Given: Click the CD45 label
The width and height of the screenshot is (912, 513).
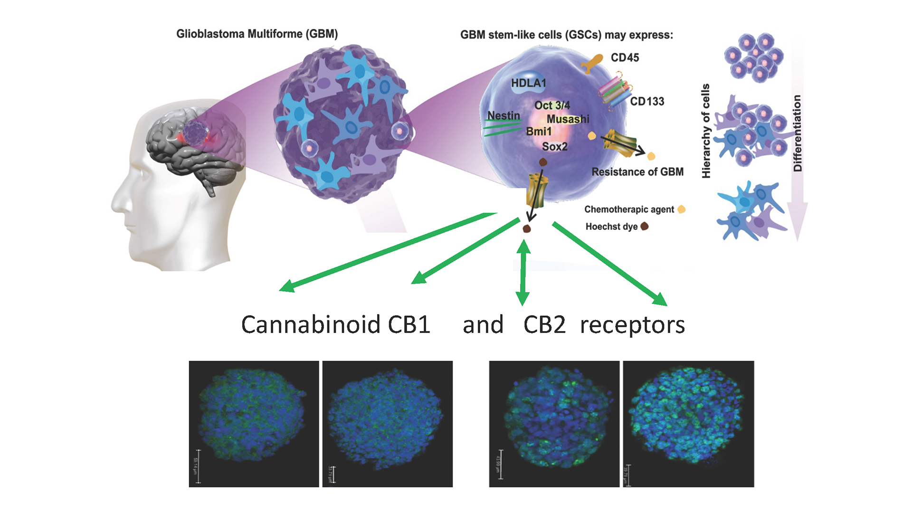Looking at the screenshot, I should (625, 57).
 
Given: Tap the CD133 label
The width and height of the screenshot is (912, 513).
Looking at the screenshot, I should (647, 101).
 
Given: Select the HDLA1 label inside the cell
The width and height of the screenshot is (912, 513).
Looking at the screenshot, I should (528, 83).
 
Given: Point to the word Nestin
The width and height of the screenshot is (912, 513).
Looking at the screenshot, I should (503, 115).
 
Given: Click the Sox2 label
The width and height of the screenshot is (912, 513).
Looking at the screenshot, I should (554, 146).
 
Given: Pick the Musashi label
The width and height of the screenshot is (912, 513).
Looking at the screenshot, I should (568, 119).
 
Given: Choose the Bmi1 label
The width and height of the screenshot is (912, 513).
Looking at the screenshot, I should (539, 131).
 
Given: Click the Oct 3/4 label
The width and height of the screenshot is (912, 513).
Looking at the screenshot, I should (552, 105).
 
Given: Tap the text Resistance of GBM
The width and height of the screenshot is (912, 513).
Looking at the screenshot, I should (637, 171).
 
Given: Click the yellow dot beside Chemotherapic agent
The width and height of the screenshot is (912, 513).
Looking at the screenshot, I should (682, 209).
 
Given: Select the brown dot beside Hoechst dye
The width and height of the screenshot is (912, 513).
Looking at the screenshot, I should (645, 226).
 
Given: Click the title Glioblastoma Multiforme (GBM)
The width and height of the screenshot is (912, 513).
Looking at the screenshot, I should (257, 34).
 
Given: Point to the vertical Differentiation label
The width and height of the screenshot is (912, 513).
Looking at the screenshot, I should (798, 133).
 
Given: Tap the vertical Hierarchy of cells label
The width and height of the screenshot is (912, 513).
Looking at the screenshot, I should (706, 131).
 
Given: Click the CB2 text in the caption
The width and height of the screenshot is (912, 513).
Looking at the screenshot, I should (544, 325).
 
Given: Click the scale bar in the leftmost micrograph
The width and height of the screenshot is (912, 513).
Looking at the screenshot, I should (198, 466).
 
